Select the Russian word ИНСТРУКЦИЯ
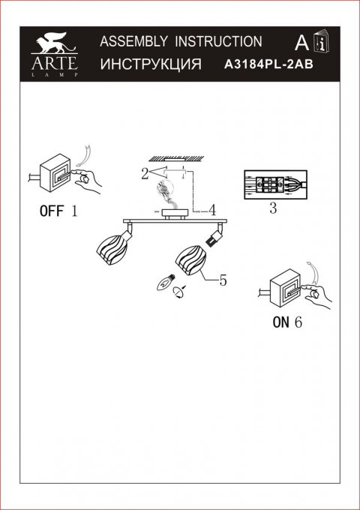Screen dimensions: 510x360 click(149, 65)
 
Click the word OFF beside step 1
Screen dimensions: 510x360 click(52, 211)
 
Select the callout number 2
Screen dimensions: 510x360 click(142, 175)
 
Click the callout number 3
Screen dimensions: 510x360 click(272, 210)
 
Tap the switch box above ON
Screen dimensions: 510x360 click(284, 289)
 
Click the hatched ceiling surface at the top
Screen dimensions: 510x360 click(180, 157)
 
